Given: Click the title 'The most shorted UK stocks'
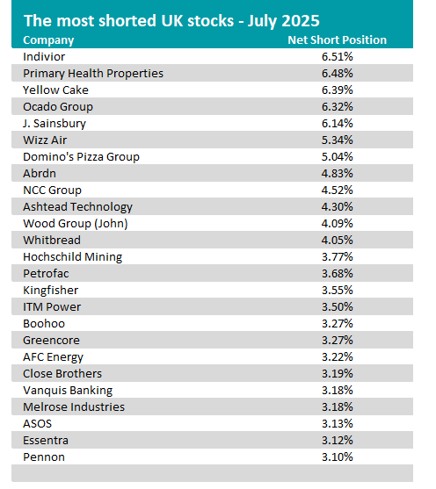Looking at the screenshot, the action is pos(128,21).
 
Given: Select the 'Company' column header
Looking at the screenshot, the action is pos(48,40).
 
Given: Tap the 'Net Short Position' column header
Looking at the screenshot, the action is pos(337,40).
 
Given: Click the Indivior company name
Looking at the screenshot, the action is pos(44,57).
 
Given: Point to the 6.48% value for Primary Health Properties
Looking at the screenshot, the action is pos(338,73).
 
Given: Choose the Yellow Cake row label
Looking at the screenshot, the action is pos(55,90).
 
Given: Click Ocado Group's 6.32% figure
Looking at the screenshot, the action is pos(338,106).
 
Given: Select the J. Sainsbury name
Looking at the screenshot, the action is pos(54,124).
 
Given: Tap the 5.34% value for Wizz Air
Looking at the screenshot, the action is pos(338,140).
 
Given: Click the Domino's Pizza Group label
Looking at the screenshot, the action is pos(81,157).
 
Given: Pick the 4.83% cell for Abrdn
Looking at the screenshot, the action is pos(338,174).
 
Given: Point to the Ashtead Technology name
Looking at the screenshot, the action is pos(77,207).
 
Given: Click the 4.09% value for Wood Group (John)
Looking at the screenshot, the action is pos(338,224).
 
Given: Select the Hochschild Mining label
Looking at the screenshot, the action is pos(72,257).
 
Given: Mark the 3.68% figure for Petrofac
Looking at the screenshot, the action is pos(338,274).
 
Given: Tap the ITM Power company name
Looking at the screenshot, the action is pos(52,307).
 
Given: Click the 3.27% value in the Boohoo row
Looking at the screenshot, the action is pos(338,324).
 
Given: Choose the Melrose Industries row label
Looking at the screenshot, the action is pos(74,407).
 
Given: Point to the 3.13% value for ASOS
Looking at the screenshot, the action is pos(338,424).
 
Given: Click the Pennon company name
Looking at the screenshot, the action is pos(44,457).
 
